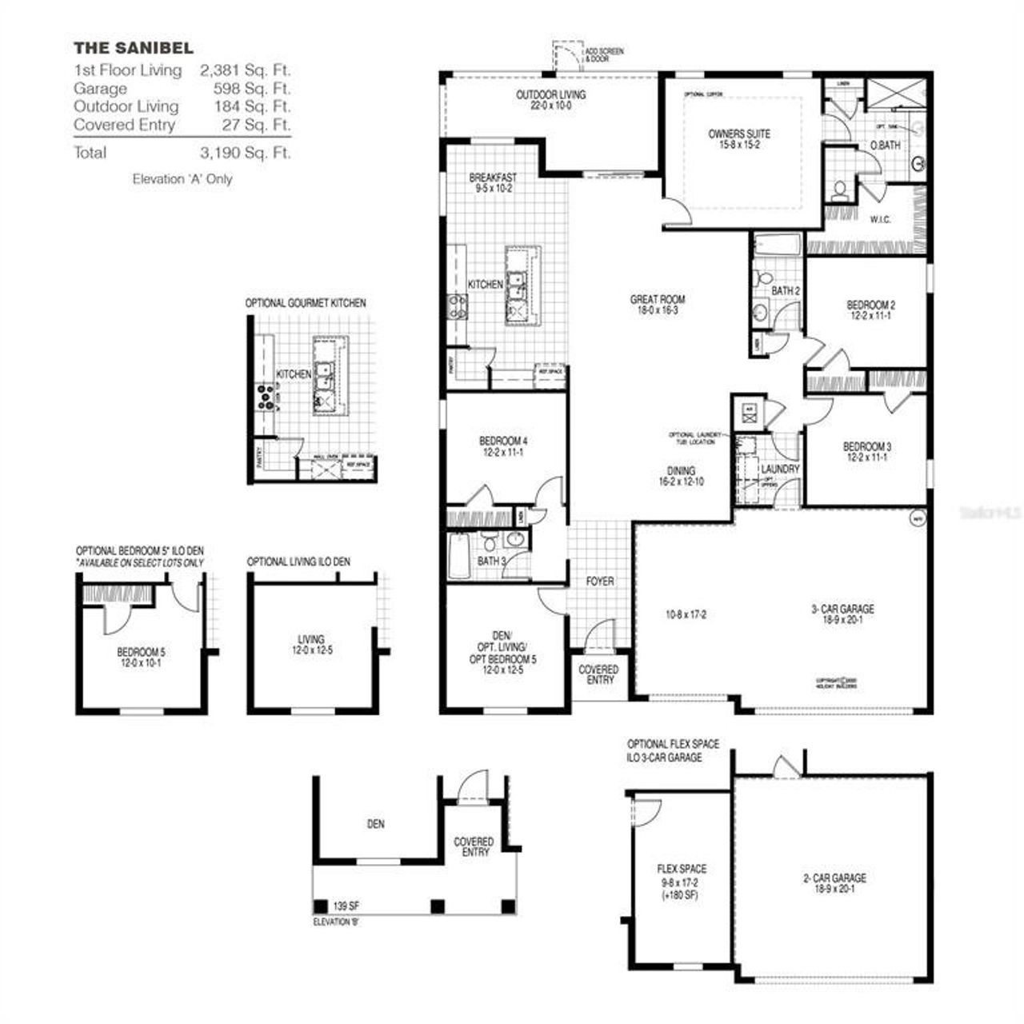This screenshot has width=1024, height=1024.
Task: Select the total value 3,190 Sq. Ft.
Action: (x=246, y=152)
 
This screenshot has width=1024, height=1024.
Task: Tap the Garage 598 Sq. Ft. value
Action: (x=251, y=88)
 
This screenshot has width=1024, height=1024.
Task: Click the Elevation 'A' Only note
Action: (x=182, y=179)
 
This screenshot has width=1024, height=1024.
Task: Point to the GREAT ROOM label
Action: (x=657, y=300)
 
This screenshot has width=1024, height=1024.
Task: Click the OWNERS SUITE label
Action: (x=739, y=134)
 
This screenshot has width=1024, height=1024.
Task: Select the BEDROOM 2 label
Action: (x=870, y=305)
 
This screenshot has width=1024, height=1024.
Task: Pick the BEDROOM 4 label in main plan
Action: (x=503, y=441)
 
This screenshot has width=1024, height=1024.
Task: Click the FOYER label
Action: (x=600, y=581)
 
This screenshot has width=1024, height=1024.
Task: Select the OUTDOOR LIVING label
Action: (x=550, y=94)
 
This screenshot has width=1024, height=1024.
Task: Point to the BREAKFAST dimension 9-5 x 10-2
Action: (x=493, y=189)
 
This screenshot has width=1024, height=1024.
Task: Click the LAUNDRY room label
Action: (x=780, y=469)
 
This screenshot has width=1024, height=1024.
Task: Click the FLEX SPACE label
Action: (x=682, y=869)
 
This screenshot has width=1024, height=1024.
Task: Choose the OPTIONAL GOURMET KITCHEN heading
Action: (x=306, y=303)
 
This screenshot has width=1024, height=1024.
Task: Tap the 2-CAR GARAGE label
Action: (x=834, y=878)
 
